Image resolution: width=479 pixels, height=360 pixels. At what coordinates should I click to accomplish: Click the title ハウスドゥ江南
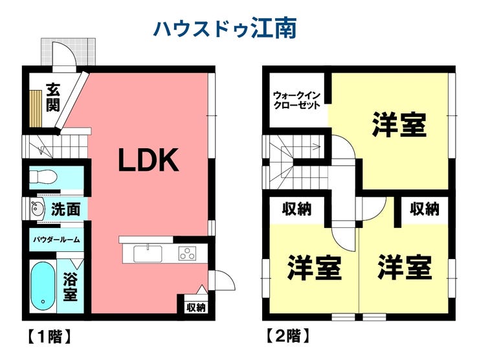pyautogui.click(x=225, y=28)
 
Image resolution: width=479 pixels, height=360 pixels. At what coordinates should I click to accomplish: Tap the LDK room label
pyautogui.click(x=148, y=160)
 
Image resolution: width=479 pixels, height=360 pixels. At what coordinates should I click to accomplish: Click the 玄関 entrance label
pyautogui.click(x=53, y=97)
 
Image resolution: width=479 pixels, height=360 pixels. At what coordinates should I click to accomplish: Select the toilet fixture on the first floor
pyautogui.click(x=43, y=177)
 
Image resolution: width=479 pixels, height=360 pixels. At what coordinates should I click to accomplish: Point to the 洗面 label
pyautogui.click(x=65, y=209)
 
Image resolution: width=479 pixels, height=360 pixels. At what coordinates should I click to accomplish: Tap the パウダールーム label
pyautogui.click(x=56, y=240)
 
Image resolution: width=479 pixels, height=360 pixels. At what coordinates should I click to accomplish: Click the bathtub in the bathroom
pyautogui.click(x=43, y=286)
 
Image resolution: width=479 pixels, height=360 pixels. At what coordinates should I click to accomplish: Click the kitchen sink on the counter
pyautogui.click(x=148, y=253)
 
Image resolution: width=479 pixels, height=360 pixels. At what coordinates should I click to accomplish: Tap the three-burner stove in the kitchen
pyautogui.click(x=187, y=253)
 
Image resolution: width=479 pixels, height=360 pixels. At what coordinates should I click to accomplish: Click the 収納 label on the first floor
pyautogui.click(x=196, y=307)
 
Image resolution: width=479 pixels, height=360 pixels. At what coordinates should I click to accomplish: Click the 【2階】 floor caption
pyautogui.click(x=288, y=335)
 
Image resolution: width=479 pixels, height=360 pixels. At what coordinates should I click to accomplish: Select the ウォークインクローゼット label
pyautogui.click(x=296, y=100)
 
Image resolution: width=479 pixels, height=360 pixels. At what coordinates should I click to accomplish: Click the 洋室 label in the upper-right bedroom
pyautogui.click(x=399, y=125)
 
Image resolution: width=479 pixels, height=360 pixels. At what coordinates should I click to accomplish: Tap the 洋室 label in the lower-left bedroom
pyautogui.click(x=314, y=267)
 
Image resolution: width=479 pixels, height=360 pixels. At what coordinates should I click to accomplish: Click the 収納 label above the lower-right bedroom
pyautogui.click(x=425, y=209)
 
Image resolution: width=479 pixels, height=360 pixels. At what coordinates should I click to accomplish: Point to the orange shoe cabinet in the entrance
pyautogui.click(x=36, y=109)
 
